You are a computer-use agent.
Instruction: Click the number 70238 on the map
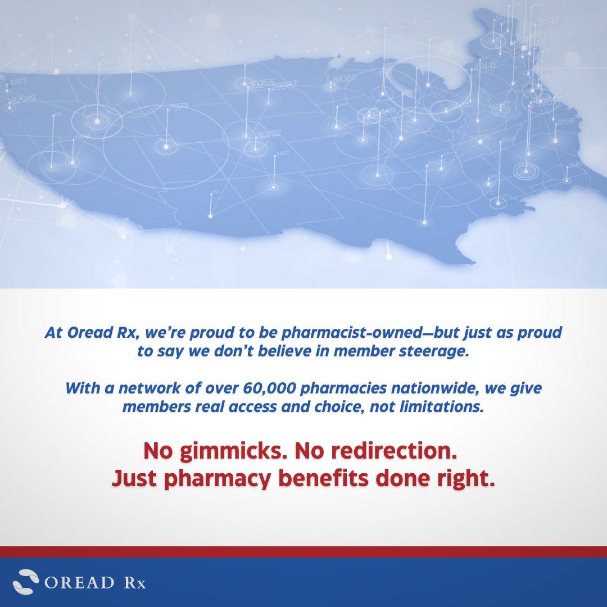[x=402, y=24]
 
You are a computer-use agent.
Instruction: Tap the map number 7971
[x=178, y=107]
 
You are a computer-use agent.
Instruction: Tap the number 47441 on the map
[x=484, y=66]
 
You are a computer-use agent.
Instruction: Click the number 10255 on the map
[x=261, y=84]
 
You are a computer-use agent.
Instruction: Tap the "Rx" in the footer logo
[x=134, y=582]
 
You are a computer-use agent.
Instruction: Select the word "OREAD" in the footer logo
[x=79, y=582]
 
